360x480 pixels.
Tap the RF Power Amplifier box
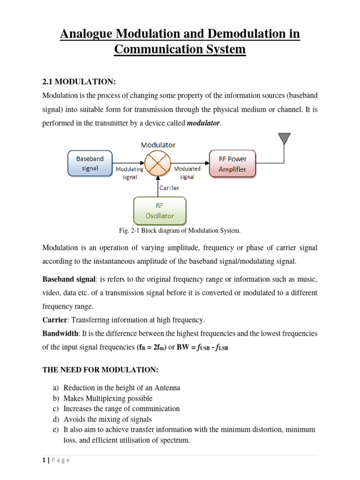click(x=232, y=164)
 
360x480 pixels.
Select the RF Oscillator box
click(x=160, y=211)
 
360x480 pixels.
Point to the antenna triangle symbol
click(x=284, y=139)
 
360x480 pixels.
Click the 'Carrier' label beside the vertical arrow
click(x=169, y=187)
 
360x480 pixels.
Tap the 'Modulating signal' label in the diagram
click(x=126, y=172)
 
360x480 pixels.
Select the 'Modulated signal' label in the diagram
click(x=187, y=172)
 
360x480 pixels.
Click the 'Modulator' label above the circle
click(x=158, y=145)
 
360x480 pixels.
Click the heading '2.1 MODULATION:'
click(x=79, y=82)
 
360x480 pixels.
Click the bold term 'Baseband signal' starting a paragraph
click(x=69, y=279)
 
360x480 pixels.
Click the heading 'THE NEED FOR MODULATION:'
click(x=100, y=370)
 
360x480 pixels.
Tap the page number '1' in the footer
click(x=43, y=460)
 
